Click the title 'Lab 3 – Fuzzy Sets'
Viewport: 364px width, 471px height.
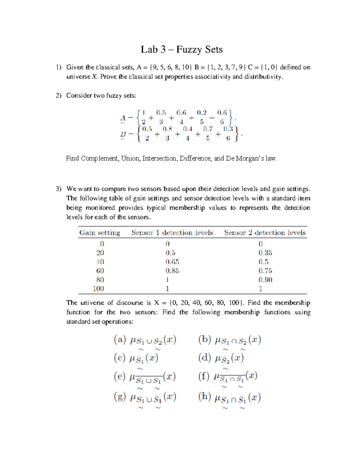[x=182, y=49]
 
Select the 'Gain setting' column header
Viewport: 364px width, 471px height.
[x=100, y=233]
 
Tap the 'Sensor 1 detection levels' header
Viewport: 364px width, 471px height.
[x=172, y=233]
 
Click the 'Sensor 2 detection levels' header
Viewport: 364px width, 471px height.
[x=265, y=233]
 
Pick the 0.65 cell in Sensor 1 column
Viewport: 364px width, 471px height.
[x=172, y=262]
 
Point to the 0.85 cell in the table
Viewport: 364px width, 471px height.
[x=172, y=271]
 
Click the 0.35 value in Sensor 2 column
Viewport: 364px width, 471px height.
[x=265, y=253]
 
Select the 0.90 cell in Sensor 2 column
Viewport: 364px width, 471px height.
[x=265, y=280]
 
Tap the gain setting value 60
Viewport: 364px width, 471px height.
[x=100, y=271]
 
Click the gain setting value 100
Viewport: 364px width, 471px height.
[x=98, y=288]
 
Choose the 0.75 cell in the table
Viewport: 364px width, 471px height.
[x=265, y=271]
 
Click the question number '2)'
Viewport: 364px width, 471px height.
[x=58, y=96]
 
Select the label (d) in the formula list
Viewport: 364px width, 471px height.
[x=204, y=358]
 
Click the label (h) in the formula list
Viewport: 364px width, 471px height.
[x=204, y=396]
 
